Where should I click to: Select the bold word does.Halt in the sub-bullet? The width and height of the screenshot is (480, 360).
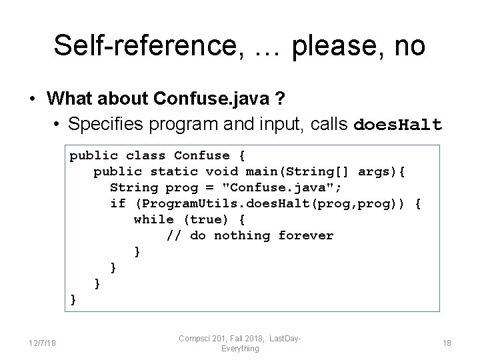click(397, 125)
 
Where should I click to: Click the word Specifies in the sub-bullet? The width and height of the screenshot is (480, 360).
click(105, 125)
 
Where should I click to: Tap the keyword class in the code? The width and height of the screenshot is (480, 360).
click(145, 156)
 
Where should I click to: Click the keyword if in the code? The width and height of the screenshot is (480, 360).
click(117, 204)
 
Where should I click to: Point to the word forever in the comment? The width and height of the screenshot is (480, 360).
click(306, 235)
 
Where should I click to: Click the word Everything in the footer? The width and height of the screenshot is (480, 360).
click(240, 348)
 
